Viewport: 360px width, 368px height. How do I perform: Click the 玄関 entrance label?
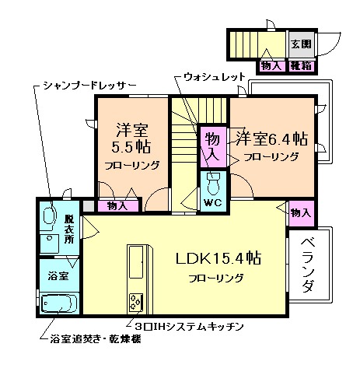(300, 44)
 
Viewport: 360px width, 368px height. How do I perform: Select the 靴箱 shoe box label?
(301, 65)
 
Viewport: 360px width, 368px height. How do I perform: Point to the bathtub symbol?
(58, 303)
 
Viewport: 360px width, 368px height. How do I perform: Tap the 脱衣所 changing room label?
(68, 226)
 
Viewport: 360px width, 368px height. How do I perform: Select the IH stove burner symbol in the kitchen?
(136, 301)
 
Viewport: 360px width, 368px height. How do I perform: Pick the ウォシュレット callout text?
(215, 77)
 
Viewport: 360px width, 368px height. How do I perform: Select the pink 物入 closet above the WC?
(211, 146)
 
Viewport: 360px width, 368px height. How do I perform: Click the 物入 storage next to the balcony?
(300, 212)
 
